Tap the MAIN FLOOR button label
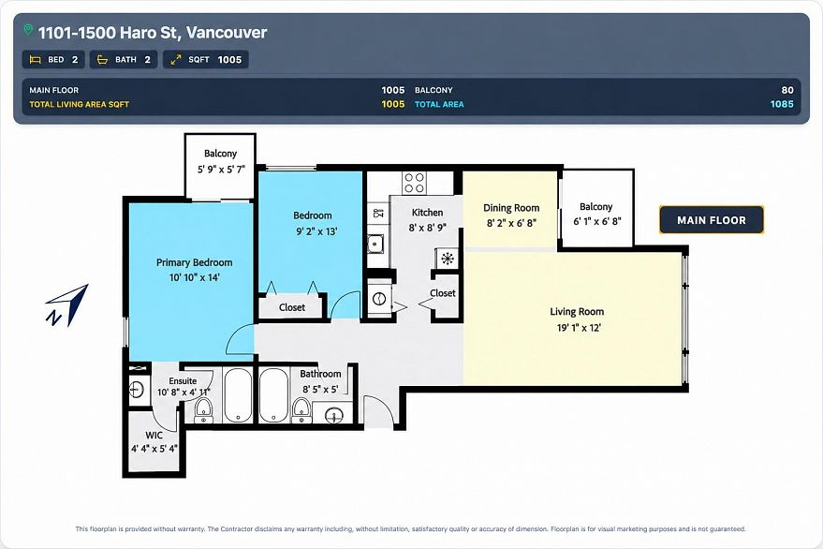(x=712, y=220)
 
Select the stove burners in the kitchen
(x=414, y=183)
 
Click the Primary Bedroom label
(x=194, y=262)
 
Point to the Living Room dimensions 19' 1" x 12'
(x=579, y=328)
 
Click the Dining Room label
(x=511, y=208)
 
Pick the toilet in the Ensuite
(x=203, y=409)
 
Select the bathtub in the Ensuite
(x=238, y=395)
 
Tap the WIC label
(x=154, y=435)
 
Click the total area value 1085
(x=782, y=104)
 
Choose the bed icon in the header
(x=36, y=59)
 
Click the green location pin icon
(x=28, y=30)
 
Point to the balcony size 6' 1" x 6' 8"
(x=596, y=222)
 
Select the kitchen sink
(x=375, y=244)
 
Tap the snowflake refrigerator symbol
(x=448, y=259)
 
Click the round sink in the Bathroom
(x=334, y=416)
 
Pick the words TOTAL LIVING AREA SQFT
(x=80, y=104)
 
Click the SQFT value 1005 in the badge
(x=229, y=59)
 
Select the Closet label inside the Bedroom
(x=292, y=307)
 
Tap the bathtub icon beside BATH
(x=103, y=59)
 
